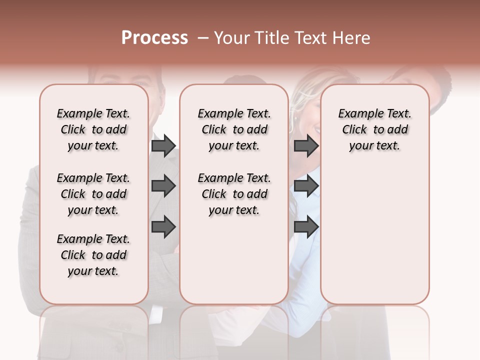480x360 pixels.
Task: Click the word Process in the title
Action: coord(154,38)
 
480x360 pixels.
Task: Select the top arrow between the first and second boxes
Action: coord(163,146)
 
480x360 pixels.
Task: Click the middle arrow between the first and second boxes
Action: coord(163,186)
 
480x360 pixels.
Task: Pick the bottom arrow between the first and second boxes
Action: coord(163,227)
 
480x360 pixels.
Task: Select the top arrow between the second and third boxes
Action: coord(306,146)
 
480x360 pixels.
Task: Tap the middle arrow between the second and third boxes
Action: coord(306,186)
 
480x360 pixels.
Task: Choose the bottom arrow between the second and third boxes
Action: coord(306,227)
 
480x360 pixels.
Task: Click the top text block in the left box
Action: coord(93,129)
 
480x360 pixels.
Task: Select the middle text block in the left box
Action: coord(93,194)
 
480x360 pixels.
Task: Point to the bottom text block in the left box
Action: coord(93,255)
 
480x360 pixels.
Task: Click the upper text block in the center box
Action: coord(234,129)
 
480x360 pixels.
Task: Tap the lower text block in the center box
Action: coord(234,194)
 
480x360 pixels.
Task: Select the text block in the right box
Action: coord(375,129)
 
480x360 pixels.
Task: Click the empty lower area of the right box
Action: coord(375,235)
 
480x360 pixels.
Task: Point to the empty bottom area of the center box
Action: coord(234,265)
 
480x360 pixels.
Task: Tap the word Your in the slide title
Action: coord(232,38)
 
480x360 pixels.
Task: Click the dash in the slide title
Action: coord(203,38)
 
